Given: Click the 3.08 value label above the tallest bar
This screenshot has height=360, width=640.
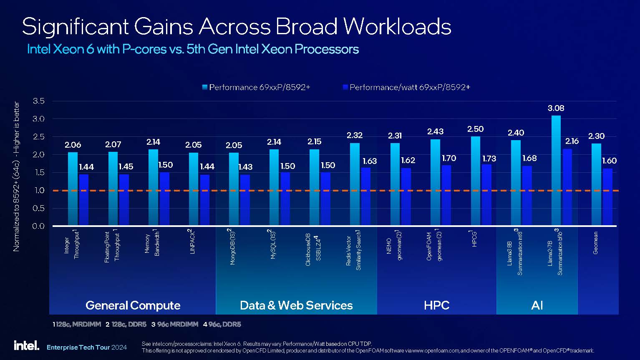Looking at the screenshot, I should point(556,108).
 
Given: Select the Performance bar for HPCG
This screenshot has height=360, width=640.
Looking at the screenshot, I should point(475,181).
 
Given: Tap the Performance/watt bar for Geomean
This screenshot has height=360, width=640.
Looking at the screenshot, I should point(607,197).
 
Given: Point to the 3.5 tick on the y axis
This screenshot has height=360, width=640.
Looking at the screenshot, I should point(38,101).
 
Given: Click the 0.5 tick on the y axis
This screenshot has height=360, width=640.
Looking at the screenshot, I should point(38,208).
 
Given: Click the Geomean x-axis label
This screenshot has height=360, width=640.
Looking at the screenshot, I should point(595,243).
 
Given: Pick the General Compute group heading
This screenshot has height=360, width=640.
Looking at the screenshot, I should point(133,305).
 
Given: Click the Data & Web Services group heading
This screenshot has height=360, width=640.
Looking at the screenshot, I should point(296,305).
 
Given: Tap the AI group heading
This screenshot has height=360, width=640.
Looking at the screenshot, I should point(537,305).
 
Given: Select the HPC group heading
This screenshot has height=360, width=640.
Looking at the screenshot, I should point(436,305).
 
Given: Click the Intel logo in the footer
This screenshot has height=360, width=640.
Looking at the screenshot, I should point(26,345).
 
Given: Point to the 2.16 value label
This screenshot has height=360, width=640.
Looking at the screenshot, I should point(572,141).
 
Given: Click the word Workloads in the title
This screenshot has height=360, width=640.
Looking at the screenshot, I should point(397,27).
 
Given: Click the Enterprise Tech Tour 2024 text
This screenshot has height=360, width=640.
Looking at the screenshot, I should point(86,347).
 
